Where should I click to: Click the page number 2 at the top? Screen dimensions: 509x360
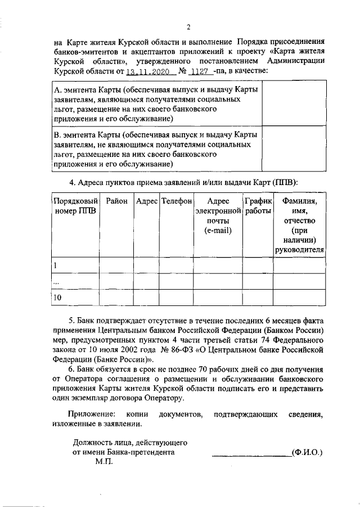pos(189,26)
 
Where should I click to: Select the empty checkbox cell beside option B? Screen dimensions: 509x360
pos(293,149)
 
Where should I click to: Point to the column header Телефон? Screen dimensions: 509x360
pos(176,201)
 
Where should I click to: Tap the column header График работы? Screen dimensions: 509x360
pos(258,206)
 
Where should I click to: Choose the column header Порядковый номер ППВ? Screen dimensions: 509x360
pos(75,206)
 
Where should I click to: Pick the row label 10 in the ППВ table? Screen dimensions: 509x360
pos(57,298)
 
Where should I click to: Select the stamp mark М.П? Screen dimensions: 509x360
pos(104,461)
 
